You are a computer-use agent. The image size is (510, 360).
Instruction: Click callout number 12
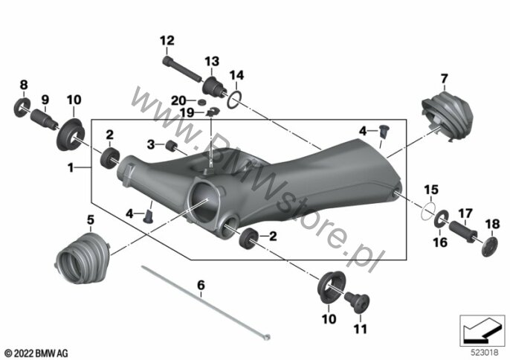click(166, 39)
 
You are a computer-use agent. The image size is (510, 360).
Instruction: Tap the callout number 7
click(444, 78)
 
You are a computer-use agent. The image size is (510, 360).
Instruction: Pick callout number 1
click(71, 168)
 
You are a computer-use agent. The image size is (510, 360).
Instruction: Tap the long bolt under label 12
click(182, 69)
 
